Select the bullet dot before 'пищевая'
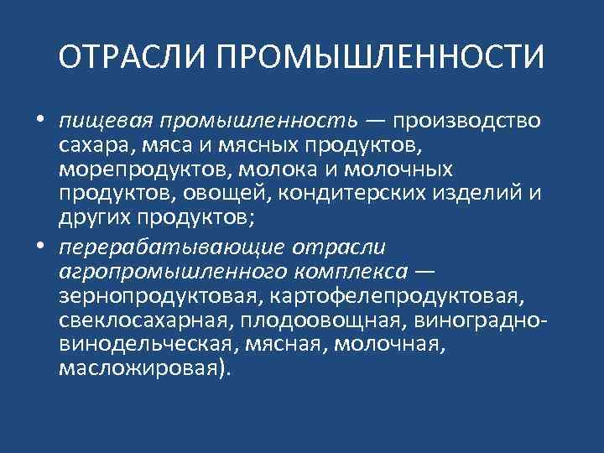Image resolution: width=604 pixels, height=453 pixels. tap(39, 122)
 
